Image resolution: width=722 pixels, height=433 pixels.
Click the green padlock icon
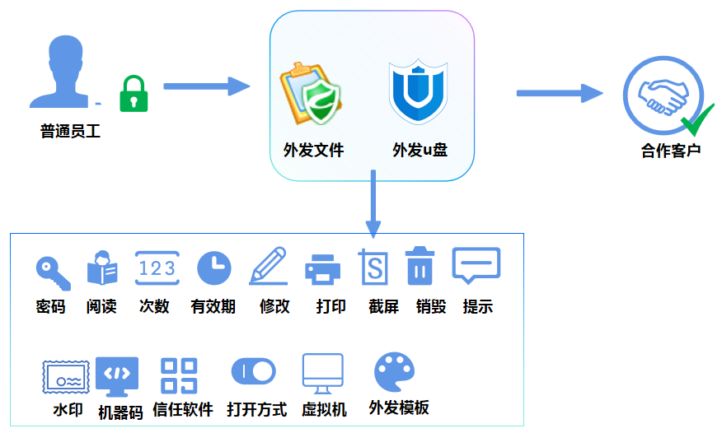[134, 94]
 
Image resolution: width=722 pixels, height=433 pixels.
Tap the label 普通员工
[70, 132]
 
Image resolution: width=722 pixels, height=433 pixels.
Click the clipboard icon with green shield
[311, 94]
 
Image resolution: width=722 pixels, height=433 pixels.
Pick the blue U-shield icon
[418, 91]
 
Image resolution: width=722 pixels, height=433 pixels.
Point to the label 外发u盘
[420, 150]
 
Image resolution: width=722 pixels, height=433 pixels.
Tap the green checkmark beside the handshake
[697, 120]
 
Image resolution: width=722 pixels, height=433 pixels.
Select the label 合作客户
[671, 151]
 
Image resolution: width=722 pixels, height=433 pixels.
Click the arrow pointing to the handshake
[560, 93]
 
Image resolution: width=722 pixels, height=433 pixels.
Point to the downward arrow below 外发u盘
[373, 203]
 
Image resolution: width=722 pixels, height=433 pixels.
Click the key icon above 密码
[54, 273]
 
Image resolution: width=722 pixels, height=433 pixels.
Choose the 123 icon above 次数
[157, 268]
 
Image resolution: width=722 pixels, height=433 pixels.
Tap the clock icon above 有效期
[214, 268]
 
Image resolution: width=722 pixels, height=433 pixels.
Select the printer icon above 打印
[323, 269]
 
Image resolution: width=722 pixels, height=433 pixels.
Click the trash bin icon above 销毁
[420, 266]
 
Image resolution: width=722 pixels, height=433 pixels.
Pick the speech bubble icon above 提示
[476, 265]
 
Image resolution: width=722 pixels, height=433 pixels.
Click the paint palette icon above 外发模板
[395, 372]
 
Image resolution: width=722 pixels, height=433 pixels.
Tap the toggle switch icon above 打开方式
[254, 371]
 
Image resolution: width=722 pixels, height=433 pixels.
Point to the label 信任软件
[183, 409]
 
